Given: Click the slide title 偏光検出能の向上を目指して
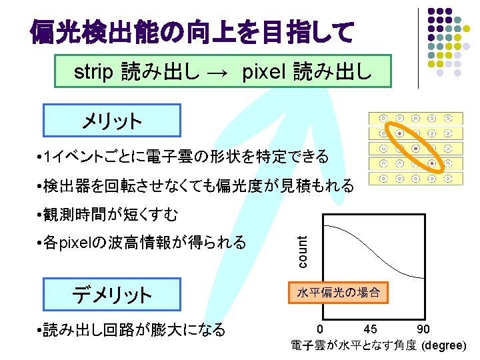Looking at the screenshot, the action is pyautogui.click(x=192, y=31).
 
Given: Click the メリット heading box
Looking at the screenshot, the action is pyautogui.click(x=111, y=121).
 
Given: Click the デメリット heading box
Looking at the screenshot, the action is pyautogui.click(x=111, y=294).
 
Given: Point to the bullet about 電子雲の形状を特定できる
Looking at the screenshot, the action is pyautogui.click(x=183, y=157).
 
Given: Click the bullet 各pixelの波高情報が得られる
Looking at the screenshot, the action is pyautogui.click(x=142, y=243).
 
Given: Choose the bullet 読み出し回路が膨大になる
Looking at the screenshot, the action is pyautogui.click(x=132, y=329).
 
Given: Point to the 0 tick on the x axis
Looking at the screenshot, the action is pyautogui.click(x=321, y=329).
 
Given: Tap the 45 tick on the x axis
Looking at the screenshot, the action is pyautogui.click(x=371, y=329).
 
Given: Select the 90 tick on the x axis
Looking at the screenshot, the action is pyautogui.click(x=423, y=329).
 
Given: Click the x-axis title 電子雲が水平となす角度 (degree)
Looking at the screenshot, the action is pyautogui.click(x=379, y=345).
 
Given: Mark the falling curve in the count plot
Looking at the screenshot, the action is pyautogui.click(x=373, y=260).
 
